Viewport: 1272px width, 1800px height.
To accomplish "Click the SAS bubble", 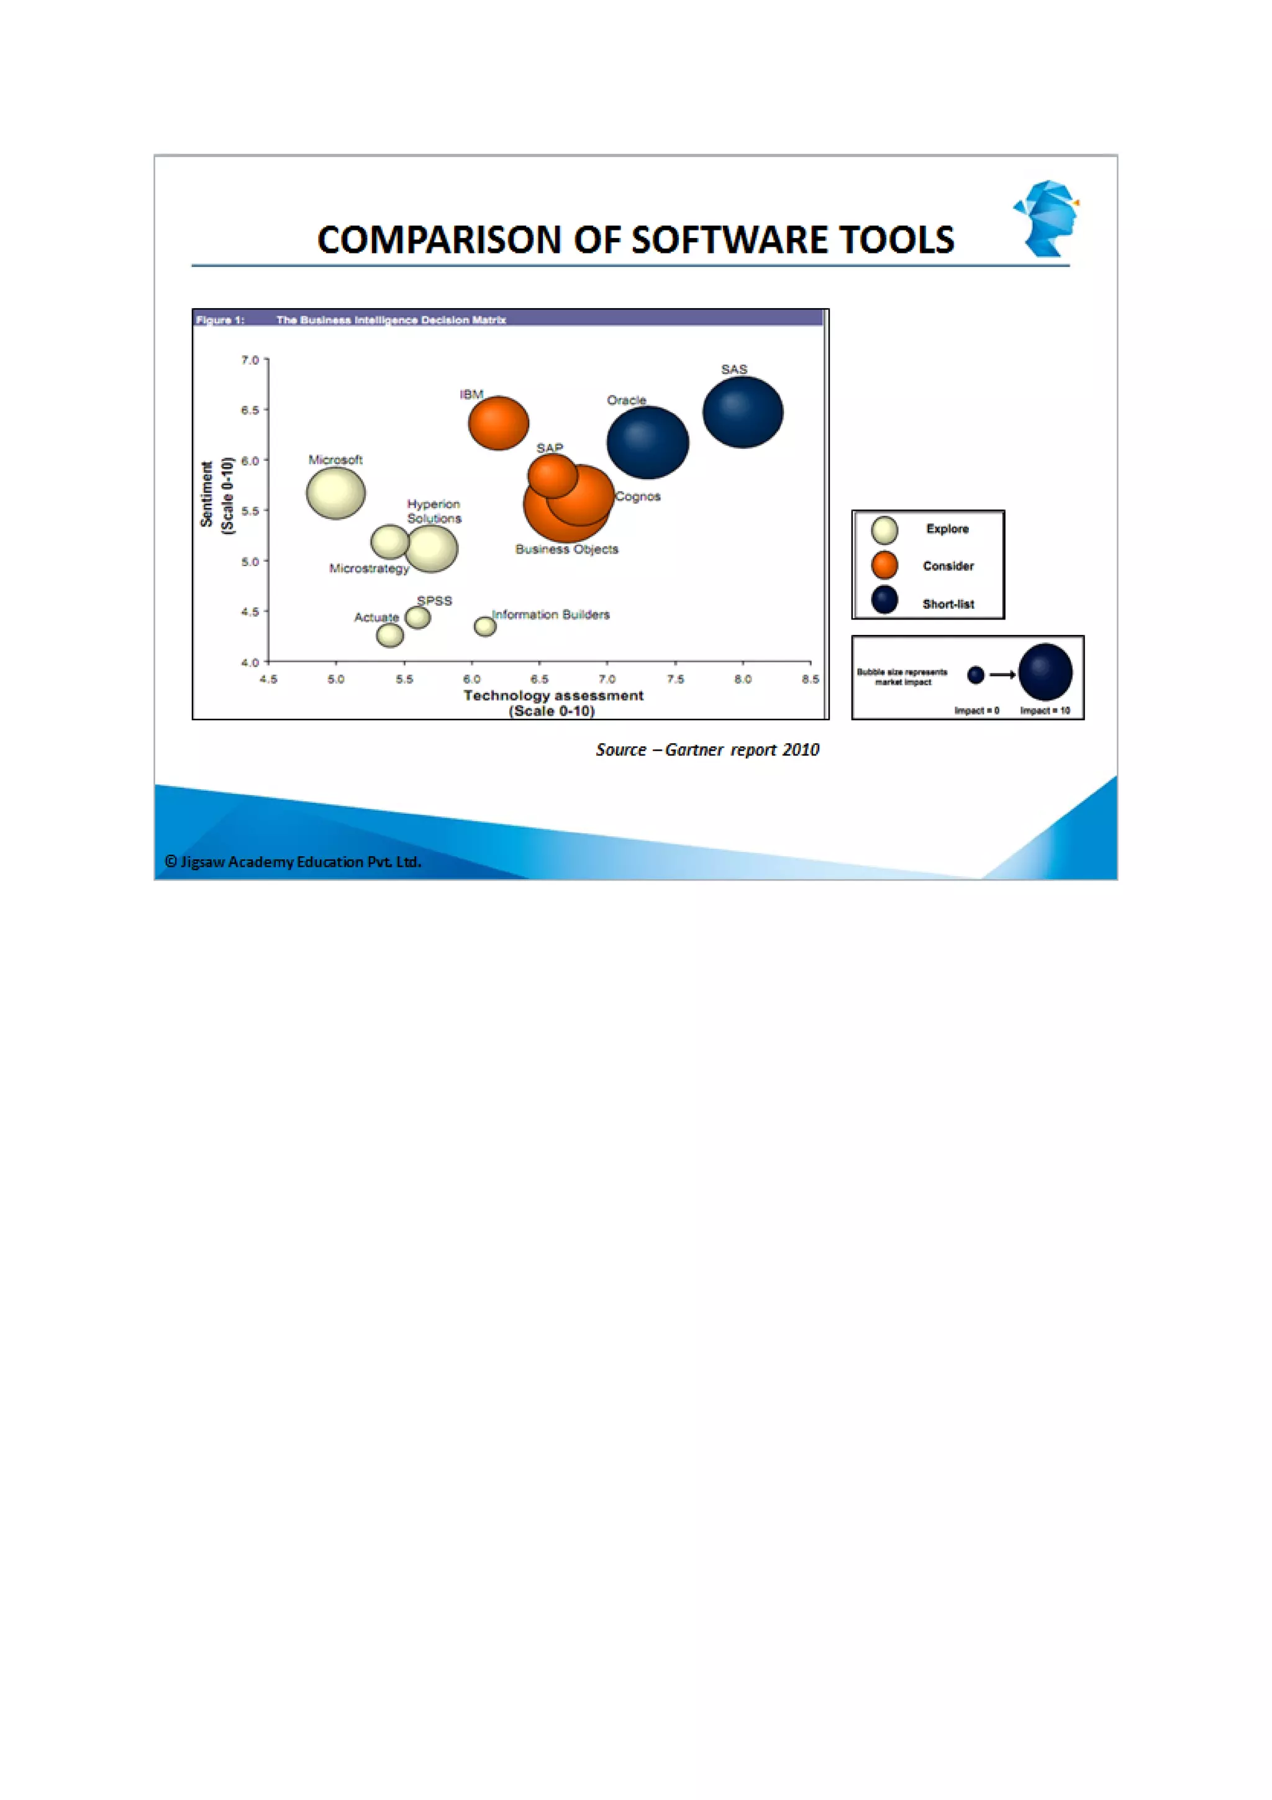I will pos(742,413).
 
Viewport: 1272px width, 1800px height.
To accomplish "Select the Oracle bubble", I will pos(647,442).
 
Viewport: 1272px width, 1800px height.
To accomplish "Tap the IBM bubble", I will pos(499,423).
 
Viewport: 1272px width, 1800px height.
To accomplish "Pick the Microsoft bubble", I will pos(335,493).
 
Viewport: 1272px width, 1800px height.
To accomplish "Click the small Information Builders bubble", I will pos(485,626).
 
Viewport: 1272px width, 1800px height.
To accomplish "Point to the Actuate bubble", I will pos(389,635).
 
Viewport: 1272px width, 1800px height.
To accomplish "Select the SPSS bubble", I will pos(418,618).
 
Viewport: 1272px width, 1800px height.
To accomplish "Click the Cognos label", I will pos(638,496).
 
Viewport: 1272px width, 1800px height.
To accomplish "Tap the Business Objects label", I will pos(566,549).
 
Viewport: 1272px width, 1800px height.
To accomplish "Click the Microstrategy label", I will pos(369,569).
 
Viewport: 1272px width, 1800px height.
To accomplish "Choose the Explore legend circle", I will pos(885,530).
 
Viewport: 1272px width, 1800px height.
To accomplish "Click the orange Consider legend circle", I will pos(885,565).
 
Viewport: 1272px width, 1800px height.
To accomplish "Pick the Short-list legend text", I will pos(948,604).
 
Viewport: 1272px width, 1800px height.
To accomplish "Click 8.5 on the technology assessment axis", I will pos(811,679).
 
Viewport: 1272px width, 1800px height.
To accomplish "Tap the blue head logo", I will pos(1047,218).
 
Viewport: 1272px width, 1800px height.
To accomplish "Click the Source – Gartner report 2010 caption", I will pos(707,749).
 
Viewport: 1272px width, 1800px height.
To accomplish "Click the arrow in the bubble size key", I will pos(1002,674).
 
